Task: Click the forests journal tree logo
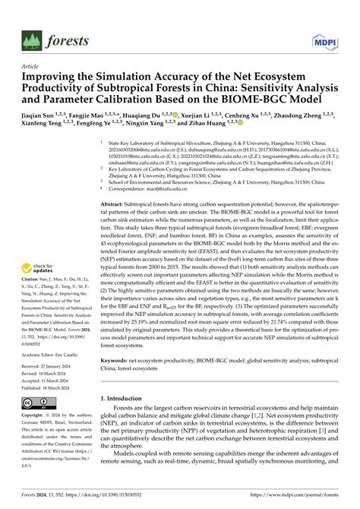coord(32,40)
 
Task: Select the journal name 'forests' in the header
coord(67,40)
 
